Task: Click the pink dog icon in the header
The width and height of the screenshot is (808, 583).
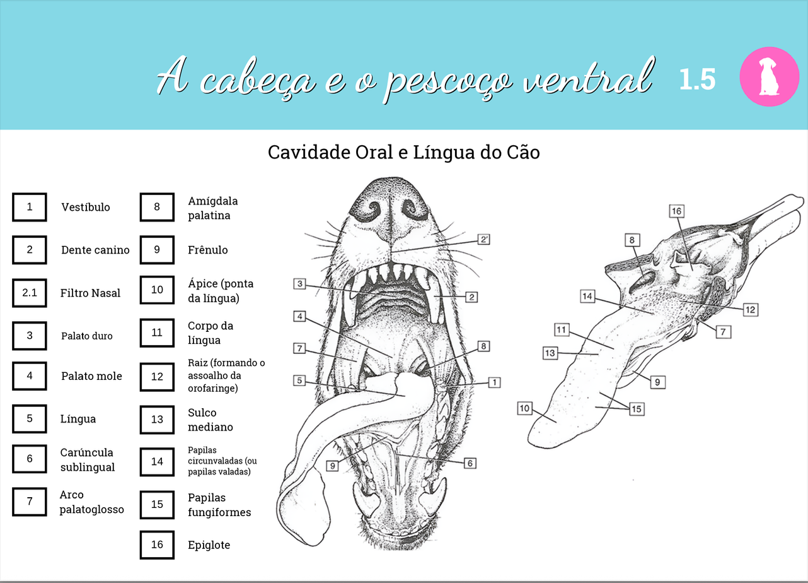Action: [769, 76]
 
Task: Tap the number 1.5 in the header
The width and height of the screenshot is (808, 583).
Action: [697, 79]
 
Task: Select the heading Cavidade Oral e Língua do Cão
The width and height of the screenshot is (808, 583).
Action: [403, 153]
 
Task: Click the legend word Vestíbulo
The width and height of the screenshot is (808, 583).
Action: [86, 207]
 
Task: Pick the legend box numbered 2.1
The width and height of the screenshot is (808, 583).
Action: [30, 293]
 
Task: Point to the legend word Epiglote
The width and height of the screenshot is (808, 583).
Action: [209, 545]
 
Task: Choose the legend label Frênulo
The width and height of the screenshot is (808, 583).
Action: [208, 250]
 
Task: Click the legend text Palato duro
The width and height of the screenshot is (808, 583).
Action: [87, 336]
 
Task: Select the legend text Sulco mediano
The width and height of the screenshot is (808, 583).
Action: [211, 420]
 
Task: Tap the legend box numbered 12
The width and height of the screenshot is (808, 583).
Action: [157, 377]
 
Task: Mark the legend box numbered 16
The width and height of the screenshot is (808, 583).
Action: [157, 545]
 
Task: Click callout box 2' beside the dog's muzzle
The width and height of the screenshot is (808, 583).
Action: [484, 240]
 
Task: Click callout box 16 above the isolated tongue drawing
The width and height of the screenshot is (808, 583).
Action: [676, 211]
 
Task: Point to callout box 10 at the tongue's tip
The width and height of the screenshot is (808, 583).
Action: [524, 408]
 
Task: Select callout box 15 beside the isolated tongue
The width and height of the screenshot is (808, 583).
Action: [637, 409]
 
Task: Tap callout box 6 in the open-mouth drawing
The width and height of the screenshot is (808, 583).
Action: [470, 463]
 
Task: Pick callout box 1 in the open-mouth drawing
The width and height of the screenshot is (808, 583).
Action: [495, 382]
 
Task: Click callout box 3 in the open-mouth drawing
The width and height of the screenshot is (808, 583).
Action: [300, 284]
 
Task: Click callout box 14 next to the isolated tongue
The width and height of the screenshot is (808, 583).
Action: [587, 296]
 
